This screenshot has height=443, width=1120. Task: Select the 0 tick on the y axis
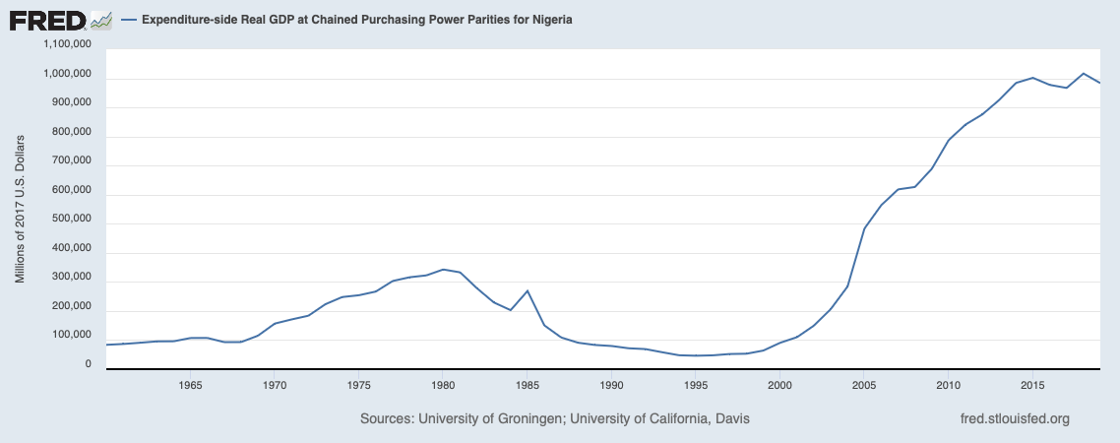pyautogui.click(x=88, y=364)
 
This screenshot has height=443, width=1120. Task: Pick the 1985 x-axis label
pyautogui.click(x=527, y=384)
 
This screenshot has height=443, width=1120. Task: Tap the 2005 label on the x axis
pyautogui.click(x=864, y=384)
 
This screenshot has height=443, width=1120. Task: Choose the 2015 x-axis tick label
pyautogui.click(x=1032, y=384)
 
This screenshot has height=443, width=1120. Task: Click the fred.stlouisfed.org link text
pyautogui.click(x=1014, y=419)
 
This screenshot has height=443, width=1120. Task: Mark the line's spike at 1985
pyautogui.click(x=528, y=290)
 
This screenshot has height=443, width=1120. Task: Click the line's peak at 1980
pyautogui.click(x=443, y=269)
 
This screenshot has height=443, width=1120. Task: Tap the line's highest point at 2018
pyautogui.click(x=1083, y=74)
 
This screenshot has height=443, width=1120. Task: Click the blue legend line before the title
pyautogui.click(x=128, y=20)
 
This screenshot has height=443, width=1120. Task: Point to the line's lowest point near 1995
pyautogui.click(x=696, y=355)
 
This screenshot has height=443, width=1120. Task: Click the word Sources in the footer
pyautogui.click(x=387, y=419)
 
